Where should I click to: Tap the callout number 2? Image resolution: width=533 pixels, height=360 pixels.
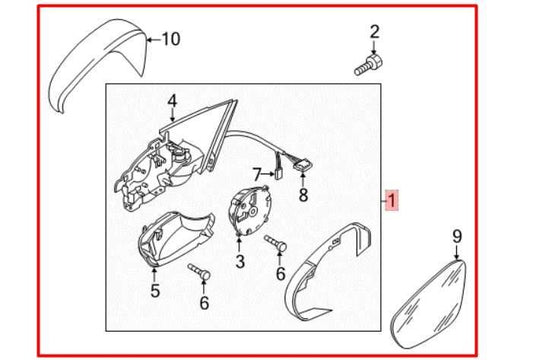coord(375,33)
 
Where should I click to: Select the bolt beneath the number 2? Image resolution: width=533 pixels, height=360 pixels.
coord(365,66)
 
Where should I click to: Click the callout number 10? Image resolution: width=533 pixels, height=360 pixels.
coord(170,40)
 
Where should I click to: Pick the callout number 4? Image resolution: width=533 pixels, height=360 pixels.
coord(171,100)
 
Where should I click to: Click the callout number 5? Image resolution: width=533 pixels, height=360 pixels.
coord(155,291)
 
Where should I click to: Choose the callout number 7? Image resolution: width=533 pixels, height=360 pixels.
coord(256,173)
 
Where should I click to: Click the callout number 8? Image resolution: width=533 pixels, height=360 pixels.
coord(303,195)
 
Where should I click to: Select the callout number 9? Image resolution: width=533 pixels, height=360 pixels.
coord(458,235)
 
